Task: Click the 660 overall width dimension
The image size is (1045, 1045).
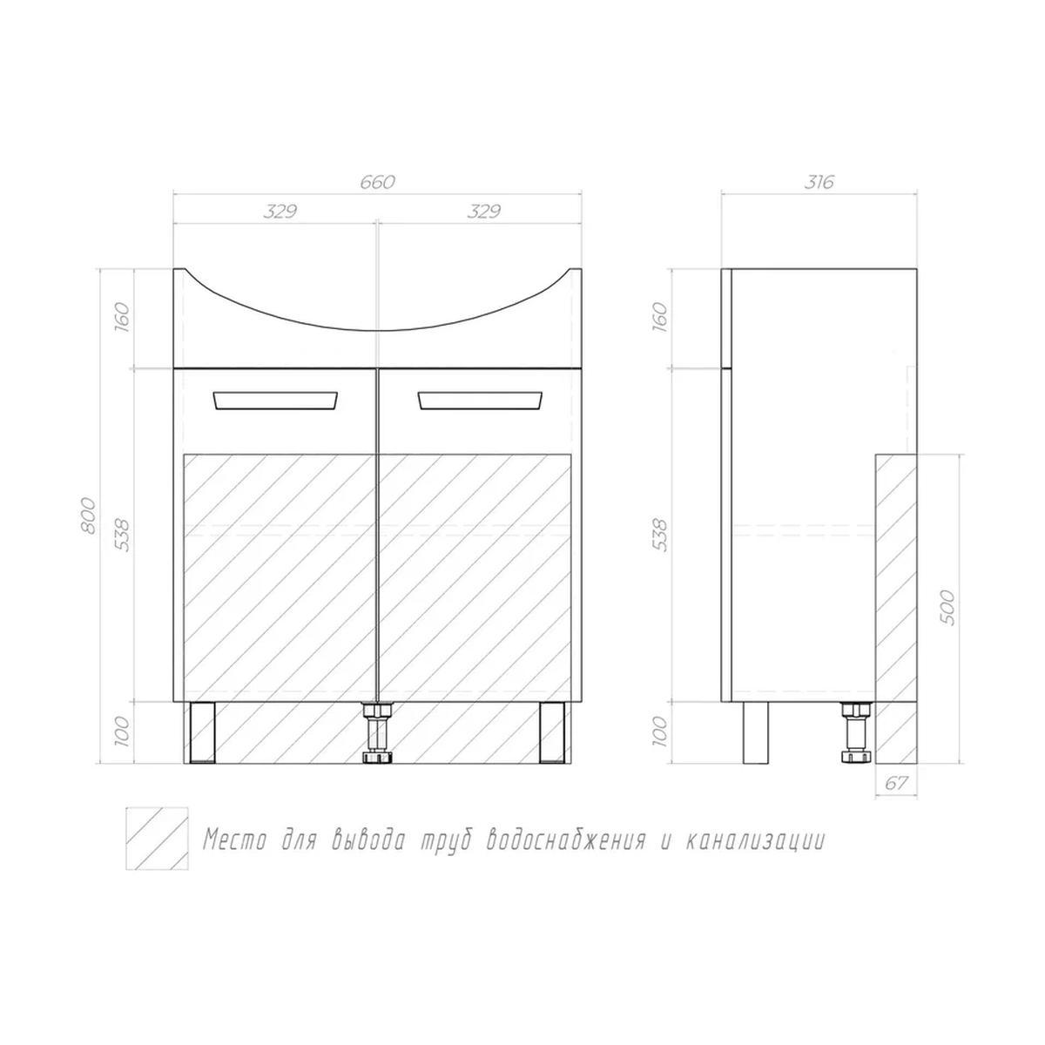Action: [x=377, y=182]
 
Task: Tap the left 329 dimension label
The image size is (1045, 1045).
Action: [x=280, y=212]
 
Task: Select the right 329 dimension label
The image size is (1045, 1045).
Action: [x=483, y=212]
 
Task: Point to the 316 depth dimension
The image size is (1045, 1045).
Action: [x=819, y=182]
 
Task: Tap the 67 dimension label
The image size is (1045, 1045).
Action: [x=896, y=783]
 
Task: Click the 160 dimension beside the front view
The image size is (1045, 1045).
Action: [x=123, y=318]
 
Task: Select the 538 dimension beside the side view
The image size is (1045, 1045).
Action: [x=661, y=535]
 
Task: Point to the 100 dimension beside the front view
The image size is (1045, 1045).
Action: [x=123, y=731]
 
